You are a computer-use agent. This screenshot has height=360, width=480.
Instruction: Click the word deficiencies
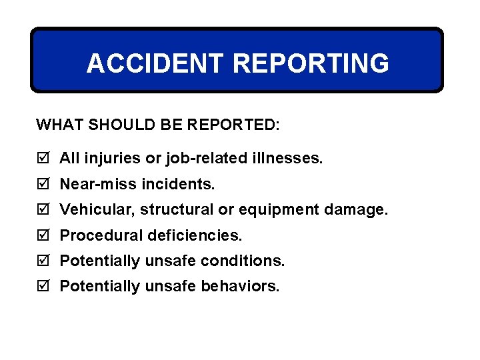[x=197, y=235]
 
